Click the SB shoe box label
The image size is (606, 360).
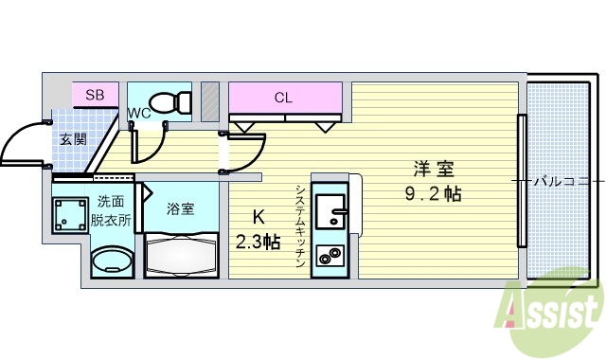tap(96, 95)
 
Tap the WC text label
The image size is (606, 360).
tap(138, 114)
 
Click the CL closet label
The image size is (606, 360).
tap(283, 97)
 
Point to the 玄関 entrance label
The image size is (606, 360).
tap(72, 139)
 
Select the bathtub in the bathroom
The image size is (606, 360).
tap(181, 256)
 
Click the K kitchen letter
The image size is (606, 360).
tap(257, 216)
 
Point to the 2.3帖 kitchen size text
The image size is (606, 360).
tap(257, 242)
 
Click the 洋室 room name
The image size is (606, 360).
tap(433, 171)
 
